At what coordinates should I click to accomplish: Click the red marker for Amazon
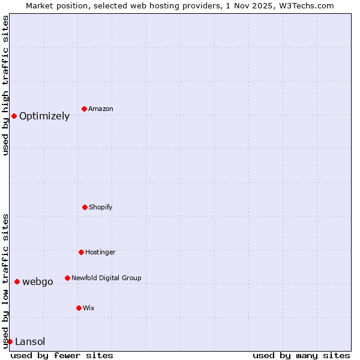pos(84,109)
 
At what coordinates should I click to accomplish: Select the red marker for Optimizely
pos(14,116)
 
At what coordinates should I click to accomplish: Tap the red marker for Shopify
pos(85,207)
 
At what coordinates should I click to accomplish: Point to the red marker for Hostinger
pos(81,252)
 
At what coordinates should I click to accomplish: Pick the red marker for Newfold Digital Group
pos(67,278)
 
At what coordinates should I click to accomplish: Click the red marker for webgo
pos(17,281)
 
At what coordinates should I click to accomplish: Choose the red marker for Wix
pos(79,308)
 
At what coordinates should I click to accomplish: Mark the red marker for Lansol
pos(10,341)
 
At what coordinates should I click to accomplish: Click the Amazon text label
pos(101,109)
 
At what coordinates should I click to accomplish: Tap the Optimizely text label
pos(44,116)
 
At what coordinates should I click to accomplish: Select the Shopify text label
pos(101,207)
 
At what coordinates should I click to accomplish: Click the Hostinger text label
pos(100,252)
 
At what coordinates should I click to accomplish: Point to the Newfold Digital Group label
pos(106,278)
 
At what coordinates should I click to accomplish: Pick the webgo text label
pos(38,282)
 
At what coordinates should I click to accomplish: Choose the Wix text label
pos(89,308)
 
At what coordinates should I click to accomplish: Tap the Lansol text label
pos(30,342)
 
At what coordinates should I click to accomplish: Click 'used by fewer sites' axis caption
pos(62,355)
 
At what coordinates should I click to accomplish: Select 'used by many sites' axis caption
pos(301,355)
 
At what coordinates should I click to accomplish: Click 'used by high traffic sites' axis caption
pos(5,85)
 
